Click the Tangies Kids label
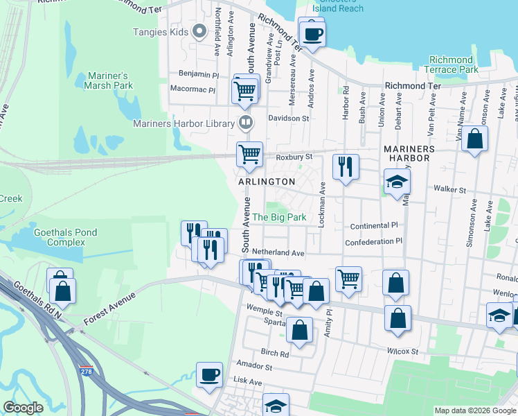click(x=160, y=31)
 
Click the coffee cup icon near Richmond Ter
click(x=312, y=33)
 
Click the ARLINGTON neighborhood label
click(x=267, y=181)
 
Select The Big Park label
click(x=279, y=217)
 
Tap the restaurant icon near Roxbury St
click(x=346, y=167)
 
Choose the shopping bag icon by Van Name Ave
click(x=475, y=139)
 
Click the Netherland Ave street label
click(x=278, y=253)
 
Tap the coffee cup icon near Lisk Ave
click(x=209, y=376)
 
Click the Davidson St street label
click(x=289, y=119)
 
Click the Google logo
click(x=23, y=408)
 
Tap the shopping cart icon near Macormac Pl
click(x=245, y=90)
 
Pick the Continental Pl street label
click(x=375, y=226)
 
